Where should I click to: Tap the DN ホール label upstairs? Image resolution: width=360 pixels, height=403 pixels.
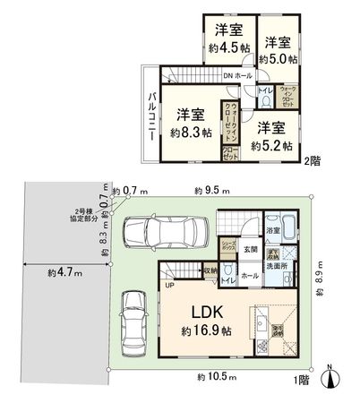(x=236, y=75)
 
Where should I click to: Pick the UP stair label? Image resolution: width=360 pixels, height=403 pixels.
(x=168, y=287)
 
